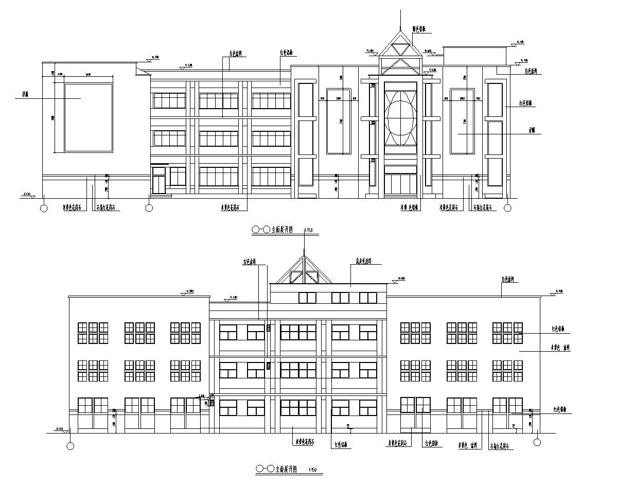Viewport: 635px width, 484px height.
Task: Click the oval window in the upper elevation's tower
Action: [400, 117]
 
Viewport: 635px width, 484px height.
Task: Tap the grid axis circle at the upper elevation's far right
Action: [507, 208]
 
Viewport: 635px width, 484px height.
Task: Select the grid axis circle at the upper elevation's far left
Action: [44, 208]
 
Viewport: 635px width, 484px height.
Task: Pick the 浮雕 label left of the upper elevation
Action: [25, 95]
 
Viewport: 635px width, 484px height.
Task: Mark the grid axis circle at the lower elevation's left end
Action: [70, 446]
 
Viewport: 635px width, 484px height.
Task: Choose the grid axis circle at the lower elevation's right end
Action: [537, 442]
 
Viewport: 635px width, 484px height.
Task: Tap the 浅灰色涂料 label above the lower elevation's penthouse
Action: [364, 261]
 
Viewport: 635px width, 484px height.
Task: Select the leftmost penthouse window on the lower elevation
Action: [307, 298]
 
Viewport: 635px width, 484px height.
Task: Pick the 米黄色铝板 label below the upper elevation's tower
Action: [410, 208]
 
